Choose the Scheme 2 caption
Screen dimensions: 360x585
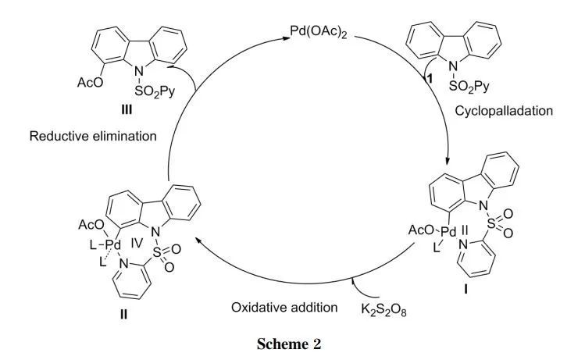pyautogui.click(x=292, y=348)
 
